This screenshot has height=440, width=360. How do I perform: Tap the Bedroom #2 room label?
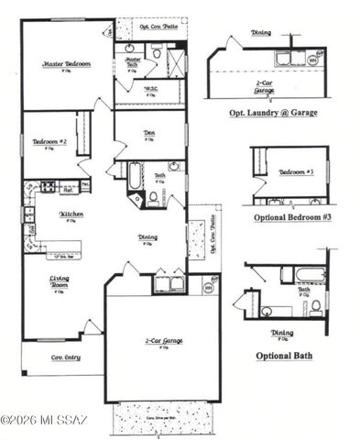coord(51,142)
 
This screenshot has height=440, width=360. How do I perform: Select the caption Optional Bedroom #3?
coord(290,218)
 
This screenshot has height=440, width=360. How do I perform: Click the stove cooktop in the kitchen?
coord(42,189)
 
